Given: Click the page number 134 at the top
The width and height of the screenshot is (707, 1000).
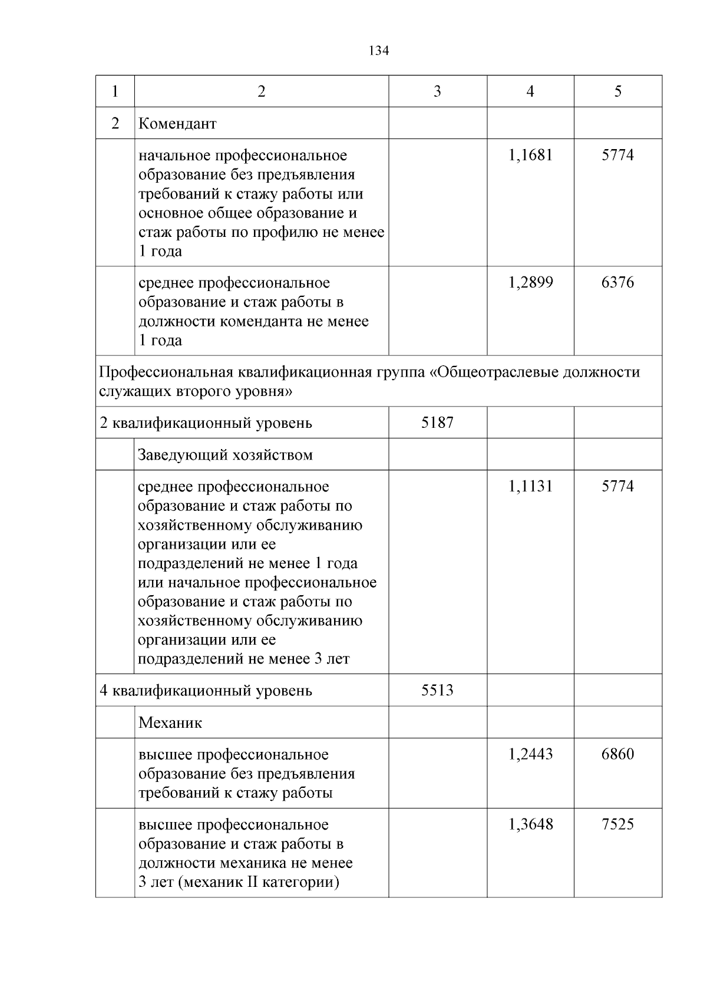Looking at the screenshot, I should pyautogui.click(x=379, y=51).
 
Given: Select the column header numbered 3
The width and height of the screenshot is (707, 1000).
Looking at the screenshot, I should pyautogui.click(x=437, y=91).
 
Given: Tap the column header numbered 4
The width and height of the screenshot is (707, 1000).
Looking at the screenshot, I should pyautogui.click(x=530, y=91).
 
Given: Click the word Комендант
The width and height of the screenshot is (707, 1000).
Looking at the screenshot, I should pyautogui.click(x=177, y=124).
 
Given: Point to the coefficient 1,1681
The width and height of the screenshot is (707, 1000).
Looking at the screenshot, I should pyautogui.click(x=530, y=156).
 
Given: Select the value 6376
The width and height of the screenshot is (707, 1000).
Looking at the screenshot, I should pyautogui.click(x=617, y=283).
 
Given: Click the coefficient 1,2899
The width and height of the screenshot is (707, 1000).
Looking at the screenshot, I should pyautogui.click(x=530, y=283).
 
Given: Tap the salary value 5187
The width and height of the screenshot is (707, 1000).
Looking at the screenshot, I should pyautogui.click(x=437, y=423).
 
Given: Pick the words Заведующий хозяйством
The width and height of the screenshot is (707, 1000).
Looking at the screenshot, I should pyautogui.click(x=225, y=455).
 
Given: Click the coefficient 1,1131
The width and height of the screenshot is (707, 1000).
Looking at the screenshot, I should pyautogui.click(x=530, y=487).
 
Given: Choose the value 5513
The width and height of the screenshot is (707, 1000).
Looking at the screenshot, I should pyautogui.click(x=437, y=690).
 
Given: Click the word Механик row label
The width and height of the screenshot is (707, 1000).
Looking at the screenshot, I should pyautogui.click(x=170, y=722).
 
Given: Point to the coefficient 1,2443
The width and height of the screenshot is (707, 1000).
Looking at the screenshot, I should pyautogui.click(x=530, y=754).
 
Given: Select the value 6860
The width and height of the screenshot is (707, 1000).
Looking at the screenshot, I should pyautogui.click(x=617, y=754).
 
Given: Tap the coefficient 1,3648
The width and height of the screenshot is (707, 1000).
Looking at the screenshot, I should pyautogui.click(x=530, y=824).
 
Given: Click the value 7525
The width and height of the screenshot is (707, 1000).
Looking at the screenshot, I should pyautogui.click(x=617, y=824).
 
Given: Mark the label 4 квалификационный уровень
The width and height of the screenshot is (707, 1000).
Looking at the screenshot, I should pyautogui.click(x=206, y=690).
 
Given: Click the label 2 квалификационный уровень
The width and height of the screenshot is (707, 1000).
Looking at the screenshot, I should pyautogui.click(x=206, y=423).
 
